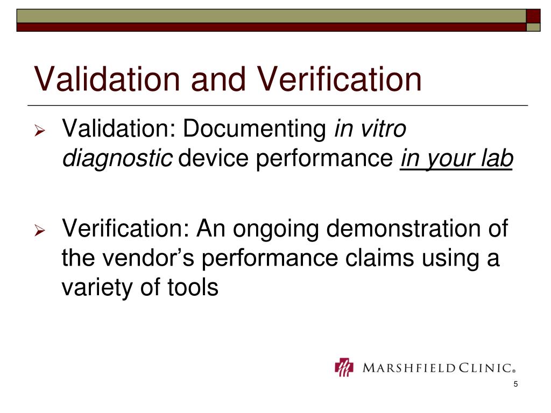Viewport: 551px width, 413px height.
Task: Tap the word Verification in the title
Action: pos(340,79)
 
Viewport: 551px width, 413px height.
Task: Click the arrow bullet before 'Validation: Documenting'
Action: pos(39,131)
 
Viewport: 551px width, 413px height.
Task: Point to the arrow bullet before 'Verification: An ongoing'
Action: pos(39,232)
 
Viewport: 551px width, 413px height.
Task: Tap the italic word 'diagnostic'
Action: pos(117,159)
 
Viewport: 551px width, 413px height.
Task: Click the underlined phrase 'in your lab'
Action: pos(456,159)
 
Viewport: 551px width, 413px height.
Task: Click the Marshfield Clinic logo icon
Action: pos(344,368)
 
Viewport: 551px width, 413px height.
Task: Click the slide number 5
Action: pos(515,384)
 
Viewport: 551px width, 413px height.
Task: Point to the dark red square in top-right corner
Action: pos(533,16)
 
